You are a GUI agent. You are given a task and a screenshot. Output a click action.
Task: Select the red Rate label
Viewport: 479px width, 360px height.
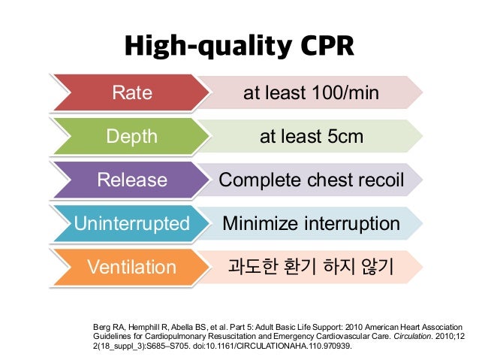(131, 93)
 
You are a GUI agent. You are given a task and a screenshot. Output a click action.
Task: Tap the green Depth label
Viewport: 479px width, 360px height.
(131, 137)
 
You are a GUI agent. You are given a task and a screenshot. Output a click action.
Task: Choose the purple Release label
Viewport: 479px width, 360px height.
(131, 180)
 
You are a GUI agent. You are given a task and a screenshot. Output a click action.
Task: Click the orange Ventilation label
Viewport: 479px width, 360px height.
(131, 268)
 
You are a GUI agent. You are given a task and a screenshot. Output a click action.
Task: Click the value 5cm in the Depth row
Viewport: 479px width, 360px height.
(345, 137)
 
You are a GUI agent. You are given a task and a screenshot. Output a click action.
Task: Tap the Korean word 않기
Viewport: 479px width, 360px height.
(375, 268)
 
